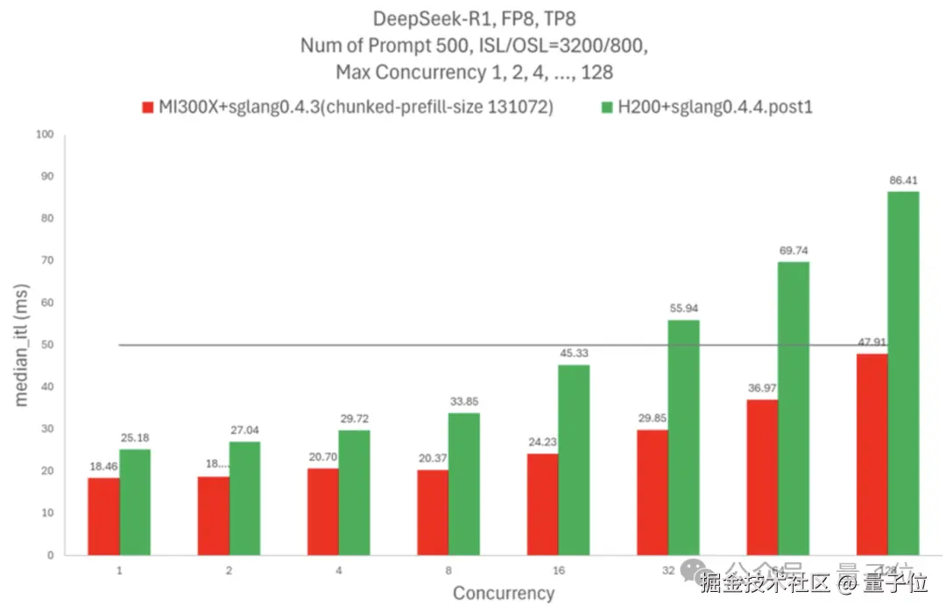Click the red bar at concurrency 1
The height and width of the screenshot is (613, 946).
(x=104, y=516)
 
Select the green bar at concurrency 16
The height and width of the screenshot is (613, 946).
(x=575, y=460)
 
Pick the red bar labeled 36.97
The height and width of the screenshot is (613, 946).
(x=762, y=477)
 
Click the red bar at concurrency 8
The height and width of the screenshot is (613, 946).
(x=433, y=512)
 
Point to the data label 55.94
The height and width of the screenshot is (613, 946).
(x=684, y=308)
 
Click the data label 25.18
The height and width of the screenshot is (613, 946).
(x=136, y=437)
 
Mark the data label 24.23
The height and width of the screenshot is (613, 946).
(x=543, y=441)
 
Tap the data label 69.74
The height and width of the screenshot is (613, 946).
(x=794, y=250)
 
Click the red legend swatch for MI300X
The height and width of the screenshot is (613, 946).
(x=148, y=108)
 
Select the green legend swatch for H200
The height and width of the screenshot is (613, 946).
(x=606, y=108)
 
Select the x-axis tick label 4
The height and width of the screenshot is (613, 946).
(x=339, y=570)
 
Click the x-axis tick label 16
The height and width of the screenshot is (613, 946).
(x=558, y=570)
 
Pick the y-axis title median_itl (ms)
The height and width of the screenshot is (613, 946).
(x=24, y=344)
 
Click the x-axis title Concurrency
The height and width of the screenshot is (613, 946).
(x=504, y=593)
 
